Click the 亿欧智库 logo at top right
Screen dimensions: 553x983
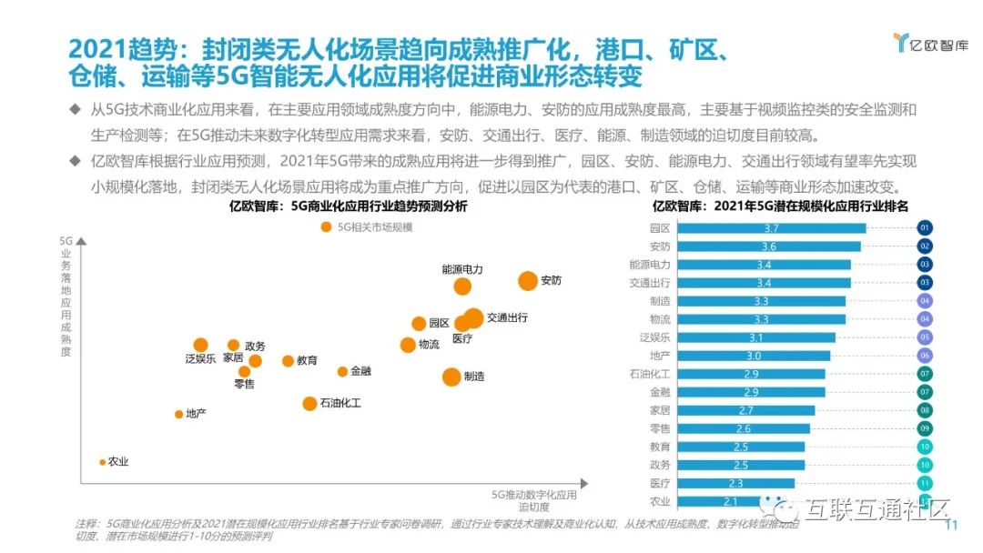click(x=930, y=44)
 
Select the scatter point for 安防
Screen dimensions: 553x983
click(x=528, y=281)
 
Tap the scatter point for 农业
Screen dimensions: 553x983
click(x=102, y=462)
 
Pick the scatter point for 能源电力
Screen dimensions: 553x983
click(x=462, y=287)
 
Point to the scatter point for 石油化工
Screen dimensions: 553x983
click(x=309, y=403)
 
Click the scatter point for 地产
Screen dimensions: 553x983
click(x=178, y=415)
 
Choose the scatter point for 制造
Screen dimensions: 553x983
click(x=451, y=377)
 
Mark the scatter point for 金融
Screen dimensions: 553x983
click(x=342, y=371)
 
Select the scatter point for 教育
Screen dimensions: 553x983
click(x=288, y=361)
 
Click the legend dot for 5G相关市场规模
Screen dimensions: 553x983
click(x=326, y=227)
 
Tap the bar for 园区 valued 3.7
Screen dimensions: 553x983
click(x=772, y=228)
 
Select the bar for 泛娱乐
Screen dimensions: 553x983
click(x=756, y=337)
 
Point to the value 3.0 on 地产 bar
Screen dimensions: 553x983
click(x=754, y=356)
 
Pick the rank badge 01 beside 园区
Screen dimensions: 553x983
click(x=925, y=228)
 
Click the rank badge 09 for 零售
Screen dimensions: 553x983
click(x=925, y=428)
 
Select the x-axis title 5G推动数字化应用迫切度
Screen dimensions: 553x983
click(x=534, y=501)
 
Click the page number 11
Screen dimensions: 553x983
click(x=954, y=526)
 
